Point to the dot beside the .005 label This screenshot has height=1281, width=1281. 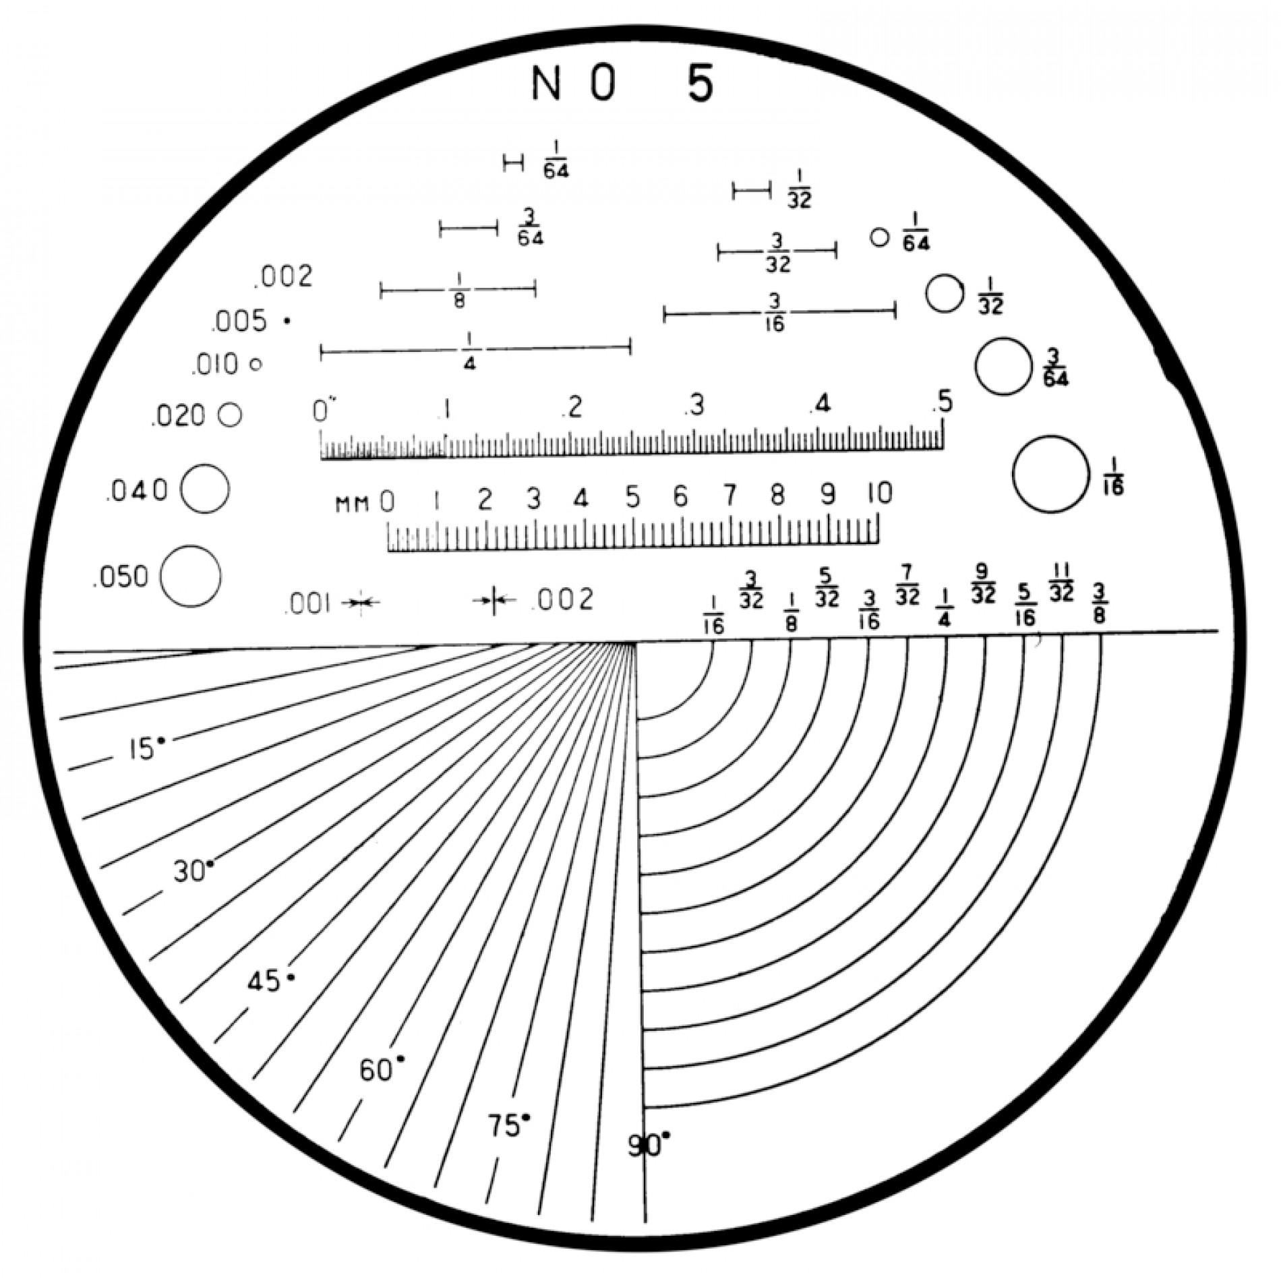[287, 322]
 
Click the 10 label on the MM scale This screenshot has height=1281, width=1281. [879, 494]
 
